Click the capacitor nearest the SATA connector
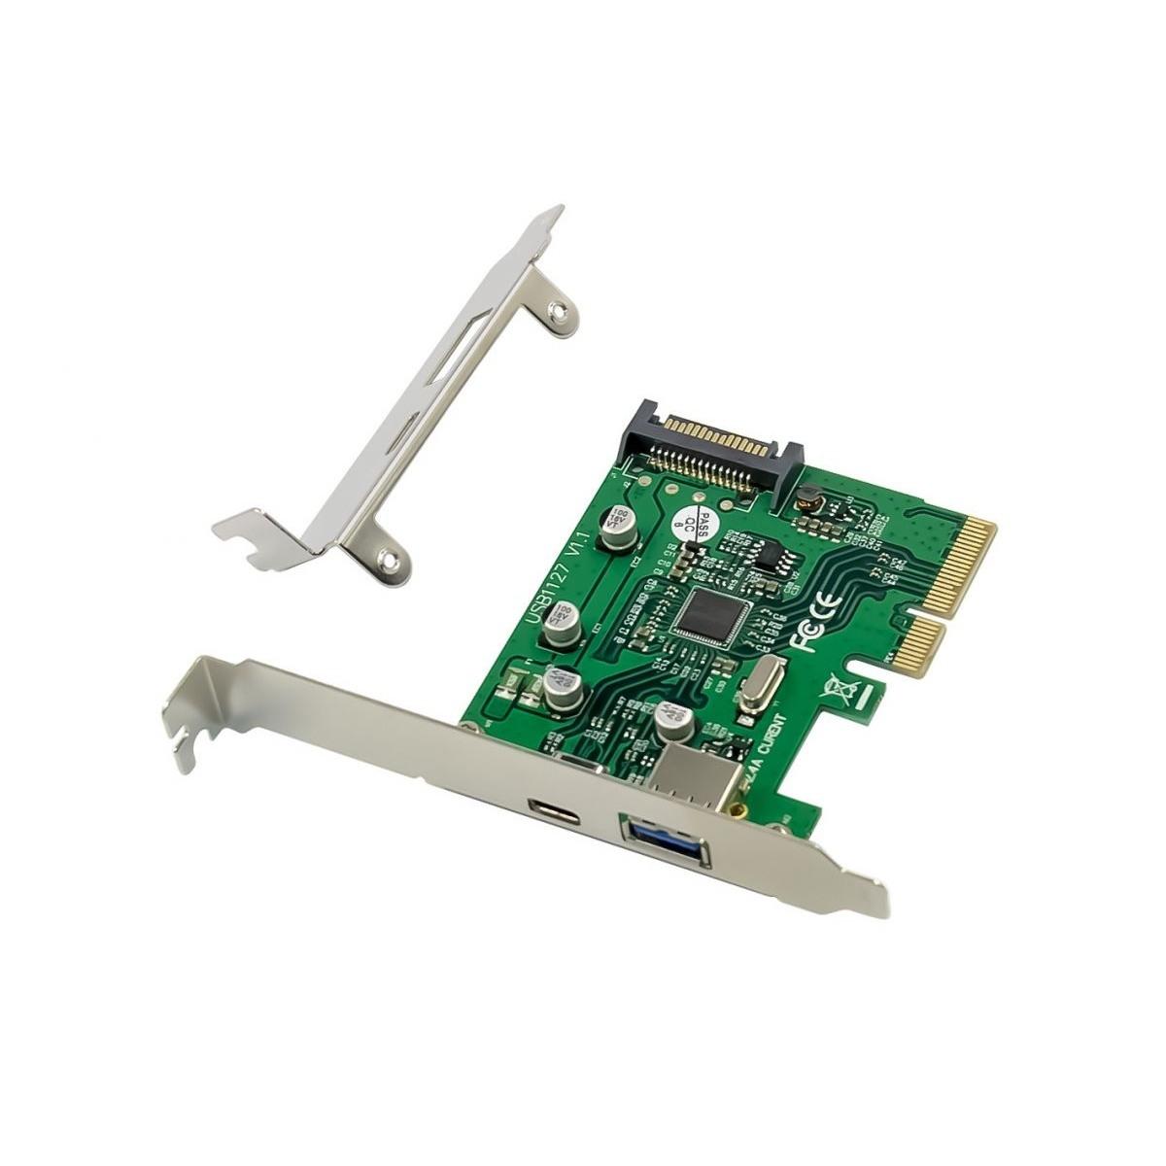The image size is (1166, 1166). [616, 526]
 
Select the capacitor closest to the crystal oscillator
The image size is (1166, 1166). [672, 720]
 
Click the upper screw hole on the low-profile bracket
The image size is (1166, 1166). [557, 312]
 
